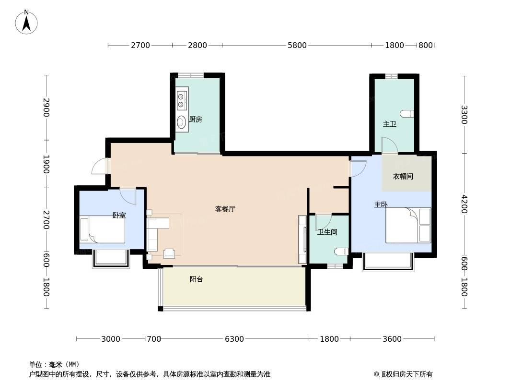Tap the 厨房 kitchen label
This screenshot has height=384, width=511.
(196, 120)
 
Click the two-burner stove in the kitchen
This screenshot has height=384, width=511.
(181, 100)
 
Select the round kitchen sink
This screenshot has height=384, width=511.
(181, 122)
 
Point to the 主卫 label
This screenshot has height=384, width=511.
(389, 124)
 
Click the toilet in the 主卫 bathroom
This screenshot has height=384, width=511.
(407, 114)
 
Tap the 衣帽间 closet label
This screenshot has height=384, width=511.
(403, 177)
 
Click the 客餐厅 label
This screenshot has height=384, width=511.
(225, 209)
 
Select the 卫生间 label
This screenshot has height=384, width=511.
(327, 232)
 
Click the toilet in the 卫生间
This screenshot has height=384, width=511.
(341, 251)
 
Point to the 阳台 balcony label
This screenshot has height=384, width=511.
(196, 279)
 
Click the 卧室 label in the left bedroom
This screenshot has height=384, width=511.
(119, 216)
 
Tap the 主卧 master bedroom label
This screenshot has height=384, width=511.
(381, 204)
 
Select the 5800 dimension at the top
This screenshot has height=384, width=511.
(297, 45)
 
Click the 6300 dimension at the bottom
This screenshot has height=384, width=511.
(234, 339)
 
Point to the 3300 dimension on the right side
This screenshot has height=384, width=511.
(464, 115)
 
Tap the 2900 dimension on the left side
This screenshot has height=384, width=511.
(46, 108)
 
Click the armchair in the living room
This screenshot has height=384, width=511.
(169, 253)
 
